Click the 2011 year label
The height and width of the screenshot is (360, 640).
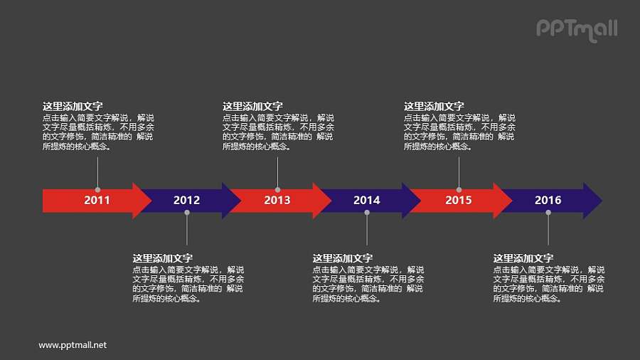pyautogui.click(x=97, y=201)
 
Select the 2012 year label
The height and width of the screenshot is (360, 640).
pyautogui.click(x=186, y=201)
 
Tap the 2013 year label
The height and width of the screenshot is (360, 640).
pyautogui.click(x=277, y=201)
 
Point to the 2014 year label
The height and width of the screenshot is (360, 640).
pyautogui.click(x=367, y=201)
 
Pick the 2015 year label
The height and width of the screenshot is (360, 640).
pyautogui.click(x=459, y=201)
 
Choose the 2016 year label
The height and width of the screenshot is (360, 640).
pyautogui.click(x=548, y=201)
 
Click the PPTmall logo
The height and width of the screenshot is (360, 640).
pyautogui.click(x=576, y=29)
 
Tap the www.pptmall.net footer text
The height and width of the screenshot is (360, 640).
pyautogui.click(x=73, y=345)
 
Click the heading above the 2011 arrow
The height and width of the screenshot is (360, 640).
pyautogui.click(x=73, y=107)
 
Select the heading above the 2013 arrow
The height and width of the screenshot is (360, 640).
pyautogui.click(x=252, y=107)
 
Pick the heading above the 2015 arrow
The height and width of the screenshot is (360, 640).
pyautogui.click(x=434, y=107)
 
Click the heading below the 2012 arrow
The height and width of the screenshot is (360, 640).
pyautogui.click(x=163, y=258)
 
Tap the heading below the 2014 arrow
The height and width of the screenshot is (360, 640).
pyautogui.click(x=343, y=258)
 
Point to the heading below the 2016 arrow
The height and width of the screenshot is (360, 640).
pyautogui.click(x=523, y=258)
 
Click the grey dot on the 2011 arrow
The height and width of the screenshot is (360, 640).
pyautogui.click(x=97, y=190)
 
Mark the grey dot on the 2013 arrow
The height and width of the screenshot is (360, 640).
pyautogui.click(x=277, y=190)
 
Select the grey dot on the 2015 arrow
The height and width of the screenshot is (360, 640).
pyautogui.click(x=459, y=190)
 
